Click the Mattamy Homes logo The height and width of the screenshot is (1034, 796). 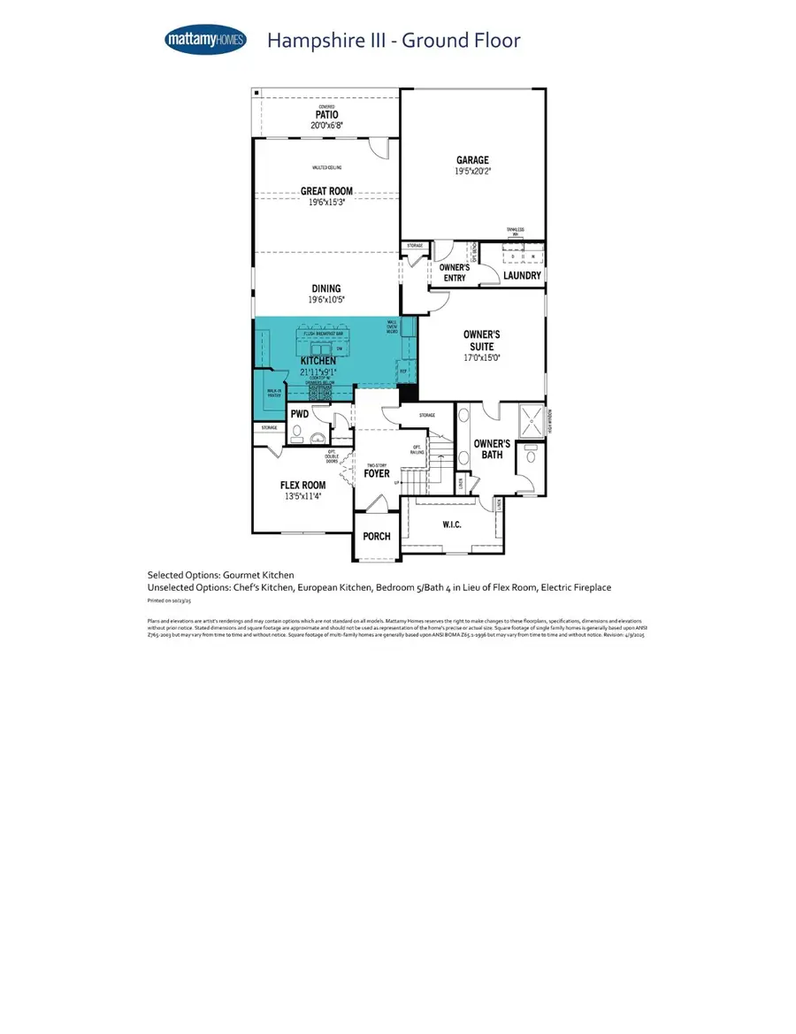click(205, 40)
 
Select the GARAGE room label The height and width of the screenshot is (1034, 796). click(472, 161)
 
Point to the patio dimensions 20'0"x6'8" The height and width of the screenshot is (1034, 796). click(326, 126)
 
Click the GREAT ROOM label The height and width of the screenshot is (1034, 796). click(326, 191)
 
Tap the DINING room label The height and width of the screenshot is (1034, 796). click(326, 288)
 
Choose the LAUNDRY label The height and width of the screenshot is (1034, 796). click(522, 275)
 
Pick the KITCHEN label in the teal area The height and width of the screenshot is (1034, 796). click(318, 362)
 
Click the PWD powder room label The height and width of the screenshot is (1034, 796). click(299, 413)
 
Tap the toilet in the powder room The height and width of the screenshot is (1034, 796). click(296, 434)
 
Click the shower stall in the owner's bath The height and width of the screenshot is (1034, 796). click(531, 421)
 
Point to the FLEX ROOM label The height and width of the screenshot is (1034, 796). click(303, 485)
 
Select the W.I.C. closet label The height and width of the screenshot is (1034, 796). click(452, 525)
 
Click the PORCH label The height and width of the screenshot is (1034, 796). click(377, 537)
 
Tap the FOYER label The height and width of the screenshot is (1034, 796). click(377, 473)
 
